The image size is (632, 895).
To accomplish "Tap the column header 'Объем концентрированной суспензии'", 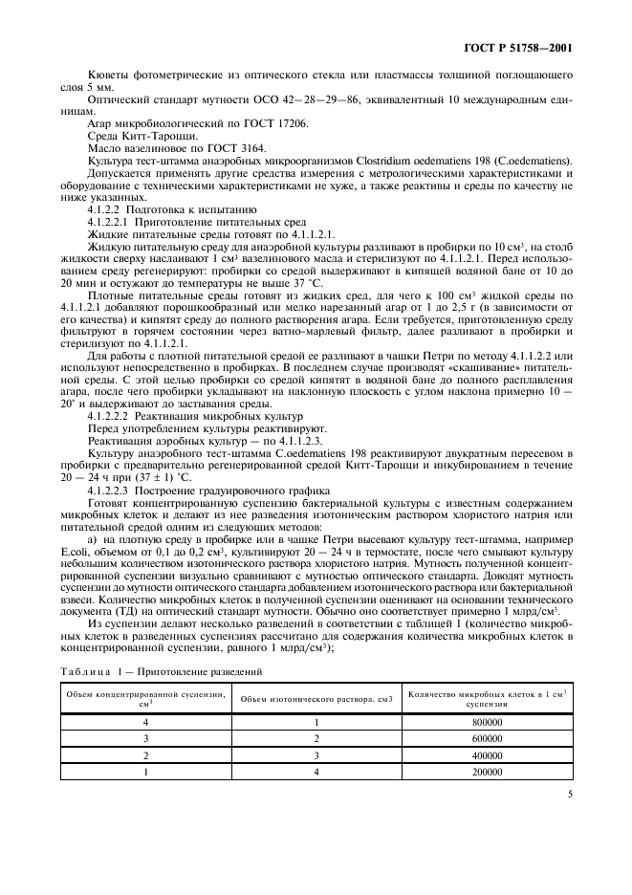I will (x=146, y=699).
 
